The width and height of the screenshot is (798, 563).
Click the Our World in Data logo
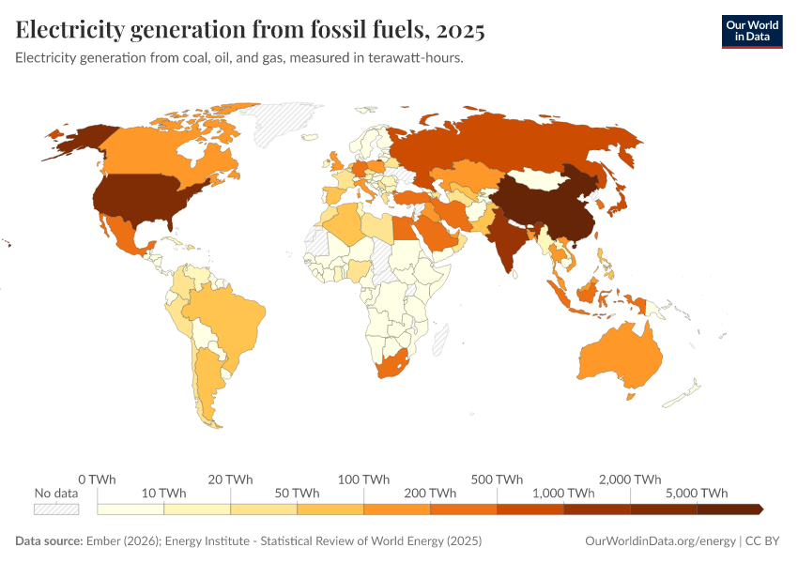(x=751, y=31)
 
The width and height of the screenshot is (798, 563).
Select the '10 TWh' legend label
(x=163, y=493)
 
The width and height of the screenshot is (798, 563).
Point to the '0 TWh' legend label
(x=97, y=479)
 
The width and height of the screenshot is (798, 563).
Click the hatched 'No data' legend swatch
(x=56, y=509)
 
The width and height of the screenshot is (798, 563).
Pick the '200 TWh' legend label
(x=431, y=493)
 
